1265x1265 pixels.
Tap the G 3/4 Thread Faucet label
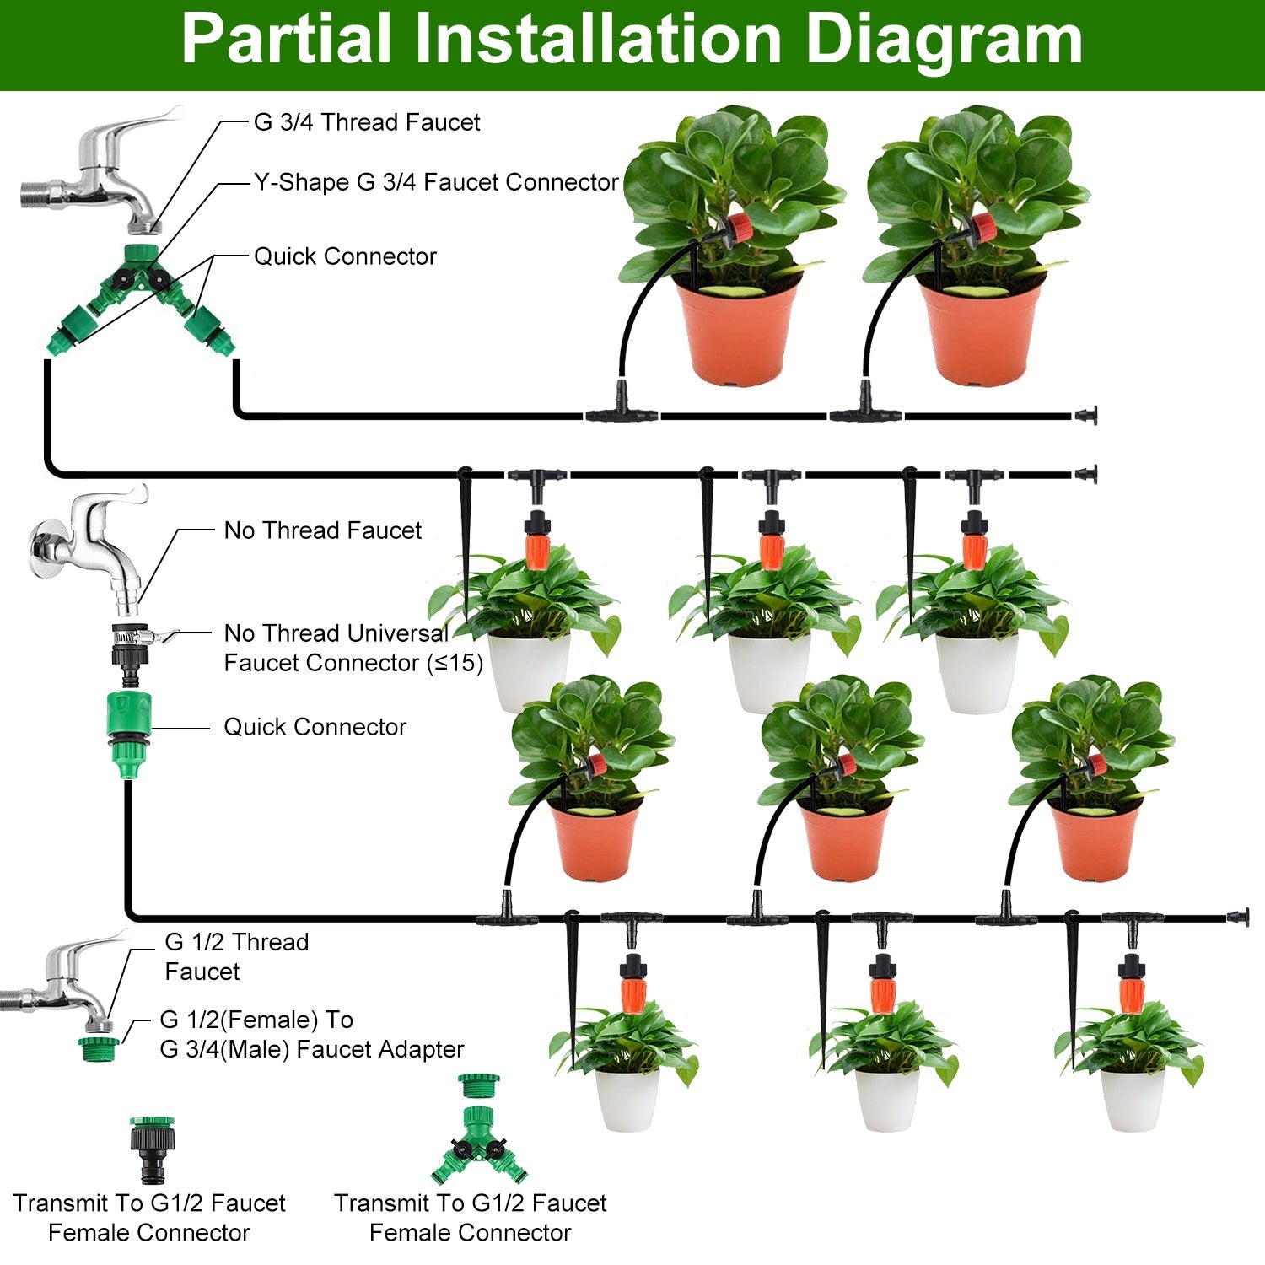click(x=366, y=122)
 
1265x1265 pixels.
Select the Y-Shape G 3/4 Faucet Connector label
click(x=436, y=182)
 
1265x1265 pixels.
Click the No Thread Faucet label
click(x=322, y=530)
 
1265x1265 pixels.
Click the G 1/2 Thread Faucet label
click(x=236, y=956)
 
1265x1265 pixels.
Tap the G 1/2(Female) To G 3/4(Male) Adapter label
click(x=311, y=1035)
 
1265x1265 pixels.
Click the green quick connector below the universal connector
click(x=129, y=723)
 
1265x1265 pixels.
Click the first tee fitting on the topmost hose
click(x=622, y=409)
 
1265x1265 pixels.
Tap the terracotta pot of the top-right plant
click(x=981, y=333)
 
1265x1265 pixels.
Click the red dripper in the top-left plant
click(x=740, y=227)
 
